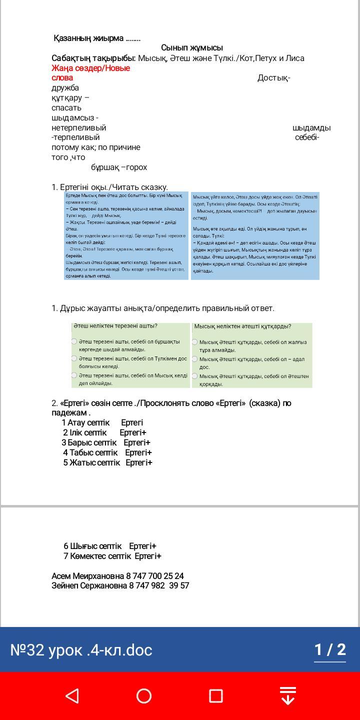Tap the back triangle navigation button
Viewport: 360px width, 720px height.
tap(72, 695)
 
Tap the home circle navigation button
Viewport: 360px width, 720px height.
tap(144, 695)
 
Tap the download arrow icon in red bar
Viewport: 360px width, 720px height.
tap(287, 695)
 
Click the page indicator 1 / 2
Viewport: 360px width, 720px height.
tap(329, 650)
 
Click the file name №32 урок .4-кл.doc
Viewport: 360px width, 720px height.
tap(81, 650)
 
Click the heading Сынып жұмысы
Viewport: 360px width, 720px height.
tap(192, 48)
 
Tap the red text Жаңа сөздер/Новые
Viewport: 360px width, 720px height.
tap(90, 68)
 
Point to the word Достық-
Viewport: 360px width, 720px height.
tap(273, 78)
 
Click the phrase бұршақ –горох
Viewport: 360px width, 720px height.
tap(119, 167)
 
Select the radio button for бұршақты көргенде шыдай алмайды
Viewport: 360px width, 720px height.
tap(74, 341)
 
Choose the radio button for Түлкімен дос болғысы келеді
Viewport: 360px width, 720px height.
tap(74, 358)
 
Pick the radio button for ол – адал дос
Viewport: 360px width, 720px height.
tap(195, 359)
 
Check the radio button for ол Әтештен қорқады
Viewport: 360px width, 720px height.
tap(195, 376)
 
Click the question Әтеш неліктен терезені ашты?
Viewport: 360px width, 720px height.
tap(115, 326)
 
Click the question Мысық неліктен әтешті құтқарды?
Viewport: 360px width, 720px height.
tap(242, 326)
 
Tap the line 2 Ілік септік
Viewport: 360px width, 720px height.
tap(104, 432)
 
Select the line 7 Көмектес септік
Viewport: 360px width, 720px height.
tap(112, 556)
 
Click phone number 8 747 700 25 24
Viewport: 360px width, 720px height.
tap(155, 576)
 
